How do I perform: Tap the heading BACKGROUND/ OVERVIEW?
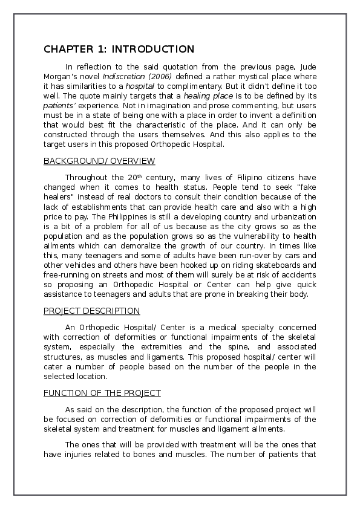[99, 161]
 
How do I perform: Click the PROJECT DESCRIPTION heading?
[92, 311]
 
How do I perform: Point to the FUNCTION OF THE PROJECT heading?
[102, 393]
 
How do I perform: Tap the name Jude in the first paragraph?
[306, 66]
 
